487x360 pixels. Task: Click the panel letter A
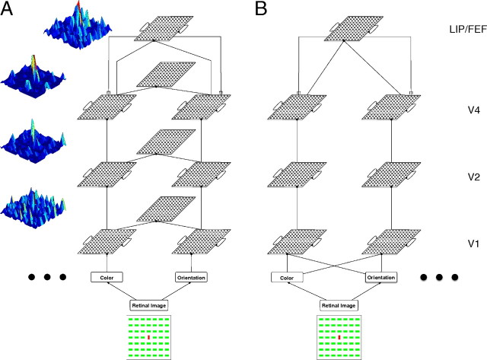point(11,12)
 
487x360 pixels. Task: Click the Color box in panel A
point(108,278)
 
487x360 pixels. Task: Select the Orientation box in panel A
point(191,278)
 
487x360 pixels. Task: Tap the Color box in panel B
point(287,278)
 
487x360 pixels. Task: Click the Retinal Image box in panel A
point(149,304)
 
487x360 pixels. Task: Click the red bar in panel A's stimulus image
point(149,336)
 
